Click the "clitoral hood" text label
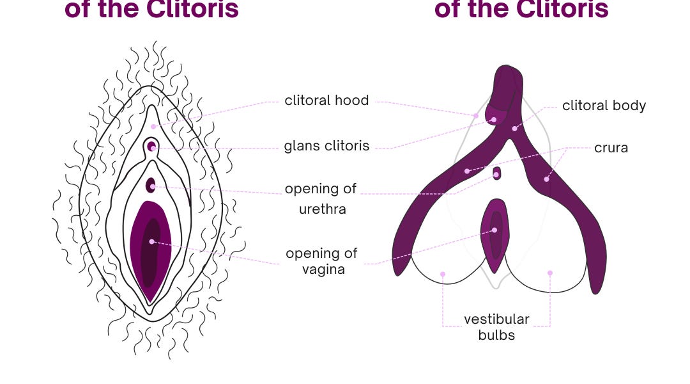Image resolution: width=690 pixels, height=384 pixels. click(326, 100)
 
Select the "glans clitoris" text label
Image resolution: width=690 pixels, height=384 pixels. click(326, 146)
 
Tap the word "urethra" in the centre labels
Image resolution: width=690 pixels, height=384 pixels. click(323, 209)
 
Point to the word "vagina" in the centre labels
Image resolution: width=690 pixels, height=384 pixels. click(323, 269)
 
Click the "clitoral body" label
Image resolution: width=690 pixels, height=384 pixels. click(604, 106)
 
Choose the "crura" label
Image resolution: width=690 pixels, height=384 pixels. click(611, 148)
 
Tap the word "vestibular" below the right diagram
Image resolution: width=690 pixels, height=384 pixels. click(496, 319)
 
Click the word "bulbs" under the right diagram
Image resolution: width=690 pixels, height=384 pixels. click(496, 335)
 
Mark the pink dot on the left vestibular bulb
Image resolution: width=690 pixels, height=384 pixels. click(443, 274)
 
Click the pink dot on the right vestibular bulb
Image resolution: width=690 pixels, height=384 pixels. click(549, 273)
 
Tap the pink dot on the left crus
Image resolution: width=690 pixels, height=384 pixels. click(467, 171)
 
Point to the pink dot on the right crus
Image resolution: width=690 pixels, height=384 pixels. click(546, 179)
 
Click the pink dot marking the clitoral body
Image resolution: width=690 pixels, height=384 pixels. click(514, 129)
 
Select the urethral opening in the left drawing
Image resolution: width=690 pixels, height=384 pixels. click(151, 185)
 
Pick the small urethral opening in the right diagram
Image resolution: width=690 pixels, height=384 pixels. click(496, 173)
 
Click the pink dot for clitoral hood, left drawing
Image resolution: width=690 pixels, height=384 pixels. click(153, 127)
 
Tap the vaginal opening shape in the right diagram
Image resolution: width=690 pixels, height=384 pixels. click(495, 234)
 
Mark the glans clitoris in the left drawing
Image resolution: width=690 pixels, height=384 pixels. click(151, 146)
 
